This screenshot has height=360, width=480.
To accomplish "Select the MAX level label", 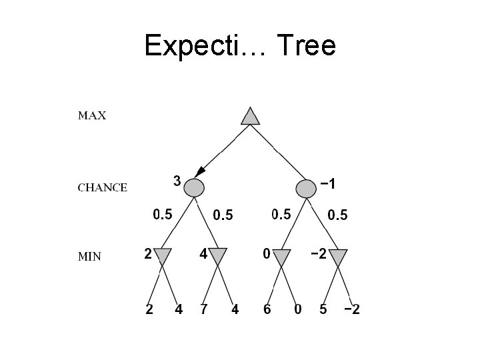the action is click(x=92, y=115).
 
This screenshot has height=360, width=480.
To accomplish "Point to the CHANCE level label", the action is click(x=103, y=187).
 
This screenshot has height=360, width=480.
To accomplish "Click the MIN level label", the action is click(x=89, y=257).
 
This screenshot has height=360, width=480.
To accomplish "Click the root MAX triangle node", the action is click(x=249, y=116).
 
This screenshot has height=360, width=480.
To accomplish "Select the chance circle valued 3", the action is click(x=193, y=188).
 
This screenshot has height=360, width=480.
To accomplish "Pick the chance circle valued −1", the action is click(x=306, y=188).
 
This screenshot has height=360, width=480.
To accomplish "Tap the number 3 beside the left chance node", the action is click(x=177, y=180).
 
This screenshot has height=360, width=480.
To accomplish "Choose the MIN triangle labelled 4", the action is click(x=218, y=256).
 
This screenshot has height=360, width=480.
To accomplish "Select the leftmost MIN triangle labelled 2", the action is click(x=163, y=256).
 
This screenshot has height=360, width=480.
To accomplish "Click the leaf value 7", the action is click(x=204, y=310).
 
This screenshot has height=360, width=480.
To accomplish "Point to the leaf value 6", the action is click(x=267, y=310).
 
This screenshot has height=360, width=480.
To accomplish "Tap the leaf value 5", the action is click(x=323, y=310).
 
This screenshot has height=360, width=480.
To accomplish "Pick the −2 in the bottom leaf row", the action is click(x=351, y=310).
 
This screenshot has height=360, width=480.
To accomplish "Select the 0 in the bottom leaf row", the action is click(x=297, y=310).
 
